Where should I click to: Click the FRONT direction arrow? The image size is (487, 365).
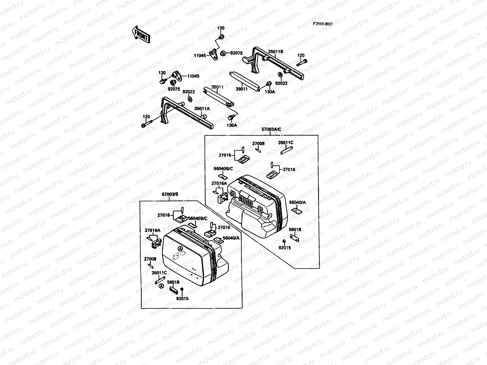(x=141, y=34)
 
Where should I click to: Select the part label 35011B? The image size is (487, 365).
(x=275, y=52)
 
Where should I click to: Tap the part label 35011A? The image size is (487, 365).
(x=202, y=108)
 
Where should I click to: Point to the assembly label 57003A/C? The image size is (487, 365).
(x=271, y=129)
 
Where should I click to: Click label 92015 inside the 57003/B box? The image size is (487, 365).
(x=182, y=298)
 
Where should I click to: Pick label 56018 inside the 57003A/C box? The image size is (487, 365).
(x=295, y=230)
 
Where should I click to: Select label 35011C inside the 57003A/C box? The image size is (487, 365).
(x=286, y=142)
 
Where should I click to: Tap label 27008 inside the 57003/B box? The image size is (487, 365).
(x=150, y=259)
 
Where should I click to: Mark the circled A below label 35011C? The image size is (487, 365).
(x=161, y=286)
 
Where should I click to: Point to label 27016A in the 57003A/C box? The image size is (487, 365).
(x=219, y=183)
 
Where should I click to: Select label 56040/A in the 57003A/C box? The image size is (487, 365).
(x=297, y=202)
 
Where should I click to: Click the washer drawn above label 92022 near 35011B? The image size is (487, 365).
(x=280, y=75)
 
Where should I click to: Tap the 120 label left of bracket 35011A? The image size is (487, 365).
(x=146, y=117)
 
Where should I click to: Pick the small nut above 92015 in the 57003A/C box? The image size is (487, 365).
(x=284, y=241)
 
